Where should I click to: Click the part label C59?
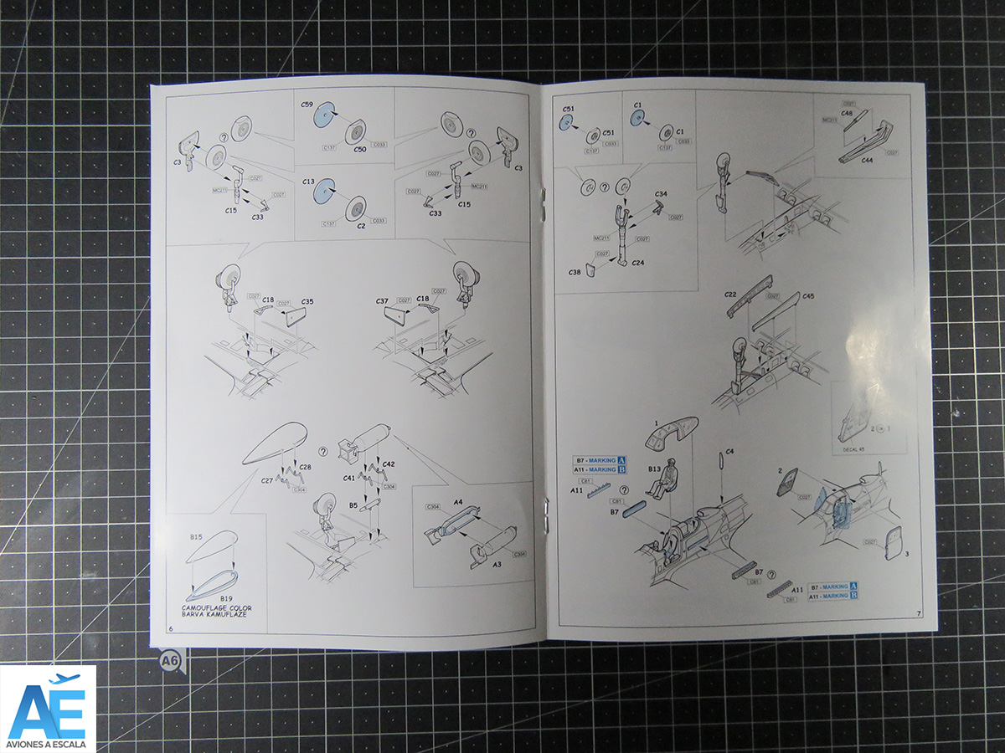click(307, 105)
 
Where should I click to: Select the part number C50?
click(360, 148)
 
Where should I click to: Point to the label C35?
click(307, 301)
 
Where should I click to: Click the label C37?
click(382, 301)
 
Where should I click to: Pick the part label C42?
click(388, 464)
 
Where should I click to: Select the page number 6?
click(171, 627)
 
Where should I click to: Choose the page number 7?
click(918, 614)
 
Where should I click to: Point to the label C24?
click(638, 263)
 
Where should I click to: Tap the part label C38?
click(575, 273)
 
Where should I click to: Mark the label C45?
click(807, 296)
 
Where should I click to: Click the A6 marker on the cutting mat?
click(171, 662)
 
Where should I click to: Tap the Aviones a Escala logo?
click(48, 708)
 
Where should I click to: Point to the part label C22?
click(730, 295)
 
